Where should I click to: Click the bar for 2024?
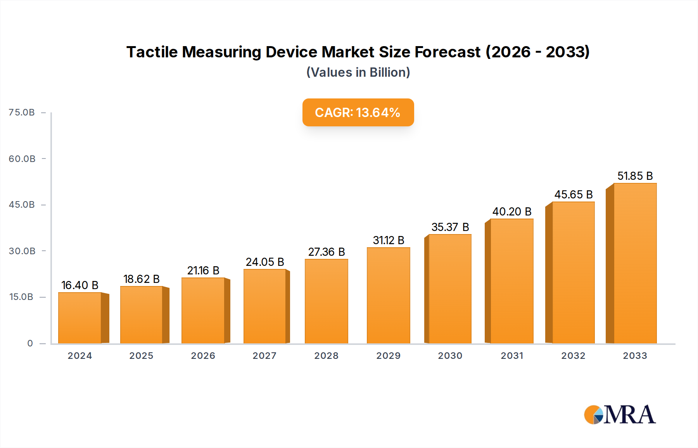pos(80,318)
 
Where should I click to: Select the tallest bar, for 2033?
pos(635,264)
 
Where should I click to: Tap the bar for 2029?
pos(388,295)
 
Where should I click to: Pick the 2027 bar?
pos(265,306)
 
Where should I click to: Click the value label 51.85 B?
pos(635,176)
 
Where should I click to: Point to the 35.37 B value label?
pos(450,227)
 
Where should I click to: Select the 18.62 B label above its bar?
pos(142,279)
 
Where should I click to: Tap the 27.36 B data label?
pos(327,252)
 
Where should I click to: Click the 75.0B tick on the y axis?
pos(22,112)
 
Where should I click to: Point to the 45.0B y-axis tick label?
pos(22,205)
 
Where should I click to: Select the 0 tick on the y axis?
pos(30,343)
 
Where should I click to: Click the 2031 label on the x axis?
pos(512,356)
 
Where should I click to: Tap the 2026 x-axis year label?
pos(203,356)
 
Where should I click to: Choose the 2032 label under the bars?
pos(573,356)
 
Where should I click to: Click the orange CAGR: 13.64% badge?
pos(358,112)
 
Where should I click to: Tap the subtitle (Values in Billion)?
pos(358,72)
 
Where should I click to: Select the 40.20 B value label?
pos(512,212)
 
